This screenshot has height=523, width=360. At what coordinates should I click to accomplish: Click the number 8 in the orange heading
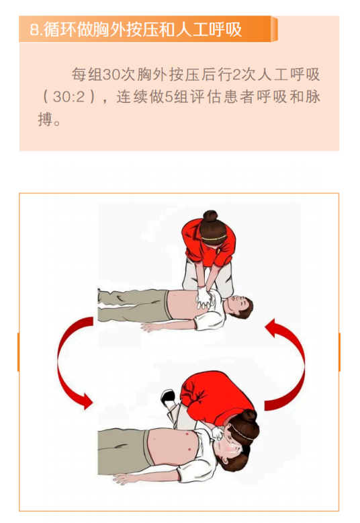[x=34, y=30]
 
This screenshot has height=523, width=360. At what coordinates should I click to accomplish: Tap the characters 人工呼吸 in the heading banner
[x=209, y=30]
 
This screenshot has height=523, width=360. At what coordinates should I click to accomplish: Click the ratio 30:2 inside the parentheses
[x=69, y=97]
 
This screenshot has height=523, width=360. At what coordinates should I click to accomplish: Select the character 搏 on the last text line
[x=46, y=119]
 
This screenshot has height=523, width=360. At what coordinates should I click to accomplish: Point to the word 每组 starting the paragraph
[x=87, y=75]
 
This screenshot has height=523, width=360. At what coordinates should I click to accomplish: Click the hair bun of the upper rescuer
[x=210, y=216]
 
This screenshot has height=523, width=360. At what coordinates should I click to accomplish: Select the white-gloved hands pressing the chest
[x=204, y=298]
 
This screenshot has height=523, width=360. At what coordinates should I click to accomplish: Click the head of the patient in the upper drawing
[x=239, y=307]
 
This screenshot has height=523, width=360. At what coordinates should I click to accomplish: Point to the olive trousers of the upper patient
[x=134, y=305]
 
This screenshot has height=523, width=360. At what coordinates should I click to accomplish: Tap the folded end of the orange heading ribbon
[x=274, y=29]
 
